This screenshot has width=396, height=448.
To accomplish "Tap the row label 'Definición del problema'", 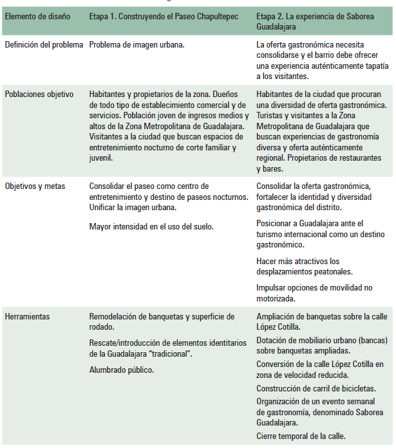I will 44,45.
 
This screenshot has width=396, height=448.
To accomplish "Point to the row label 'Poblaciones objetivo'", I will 39,94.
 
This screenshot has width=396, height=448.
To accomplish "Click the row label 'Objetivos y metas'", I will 35,186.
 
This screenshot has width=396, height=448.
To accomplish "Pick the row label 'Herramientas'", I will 28,317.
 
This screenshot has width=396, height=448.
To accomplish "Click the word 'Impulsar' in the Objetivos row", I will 271,288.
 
